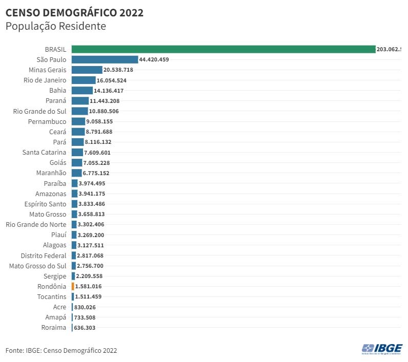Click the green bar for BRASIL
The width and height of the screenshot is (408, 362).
[x=223, y=49]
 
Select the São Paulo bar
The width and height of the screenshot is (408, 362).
[x=105, y=59]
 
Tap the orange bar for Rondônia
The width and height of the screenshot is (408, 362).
[x=73, y=286]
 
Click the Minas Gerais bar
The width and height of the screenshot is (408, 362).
[x=87, y=70]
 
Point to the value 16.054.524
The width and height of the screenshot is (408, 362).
[x=112, y=80]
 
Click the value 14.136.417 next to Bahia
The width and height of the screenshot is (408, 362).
[x=109, y=91]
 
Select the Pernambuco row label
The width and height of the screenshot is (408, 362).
[x=47, y=121]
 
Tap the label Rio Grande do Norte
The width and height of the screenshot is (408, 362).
[x=36, y=224]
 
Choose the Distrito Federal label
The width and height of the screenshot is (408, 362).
[x=44, y=255]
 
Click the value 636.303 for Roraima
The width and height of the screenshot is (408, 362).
[x=85, y=328]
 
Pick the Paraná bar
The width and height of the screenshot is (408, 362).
[x=80, y=101]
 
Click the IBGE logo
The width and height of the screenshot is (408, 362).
[x=382, y=349]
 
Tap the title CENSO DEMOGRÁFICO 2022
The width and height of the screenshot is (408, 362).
[x=74, y=13]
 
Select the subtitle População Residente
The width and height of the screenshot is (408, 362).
[x=55, y=27]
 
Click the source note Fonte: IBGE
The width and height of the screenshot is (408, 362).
[x=61, y=351]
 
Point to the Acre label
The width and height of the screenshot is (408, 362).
[x=59, y=307]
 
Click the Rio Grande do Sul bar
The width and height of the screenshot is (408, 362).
[x=79, y=111]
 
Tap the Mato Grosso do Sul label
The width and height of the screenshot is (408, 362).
[x=38, y=266]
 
